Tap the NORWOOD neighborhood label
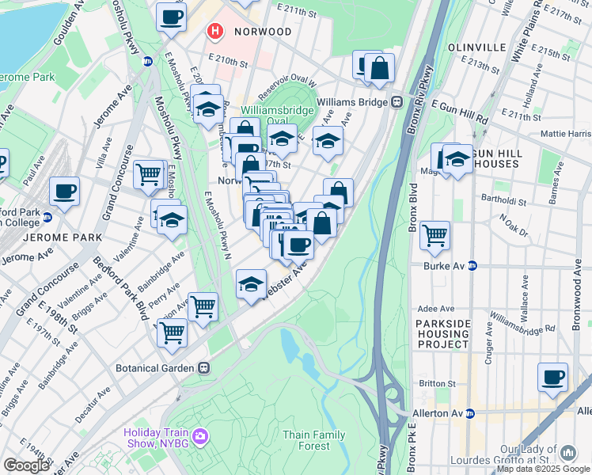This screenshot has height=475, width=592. [264, 32]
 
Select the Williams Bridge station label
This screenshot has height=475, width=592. [353, 102]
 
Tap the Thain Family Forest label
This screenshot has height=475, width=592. [313, 440]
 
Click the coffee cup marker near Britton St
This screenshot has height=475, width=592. [552, 377]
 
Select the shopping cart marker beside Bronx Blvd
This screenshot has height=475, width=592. [435, 234]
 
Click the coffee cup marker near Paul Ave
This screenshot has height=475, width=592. [64, 191]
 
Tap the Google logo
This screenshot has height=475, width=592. [25, 465]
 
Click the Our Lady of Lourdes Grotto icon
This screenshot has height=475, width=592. [567, 453]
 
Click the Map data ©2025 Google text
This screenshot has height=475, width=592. [544, 469]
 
